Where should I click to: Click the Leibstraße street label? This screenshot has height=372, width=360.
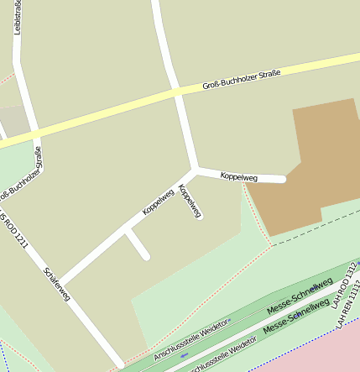tap(17, 18)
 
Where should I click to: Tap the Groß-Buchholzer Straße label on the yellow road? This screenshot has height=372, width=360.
tap(241, 81)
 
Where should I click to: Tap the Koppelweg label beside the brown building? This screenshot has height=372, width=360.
tap(238, 177)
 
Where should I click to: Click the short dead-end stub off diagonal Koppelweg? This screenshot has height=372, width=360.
tap(138, 245)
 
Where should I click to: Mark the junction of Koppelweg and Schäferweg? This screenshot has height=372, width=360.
tap(61, 280)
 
